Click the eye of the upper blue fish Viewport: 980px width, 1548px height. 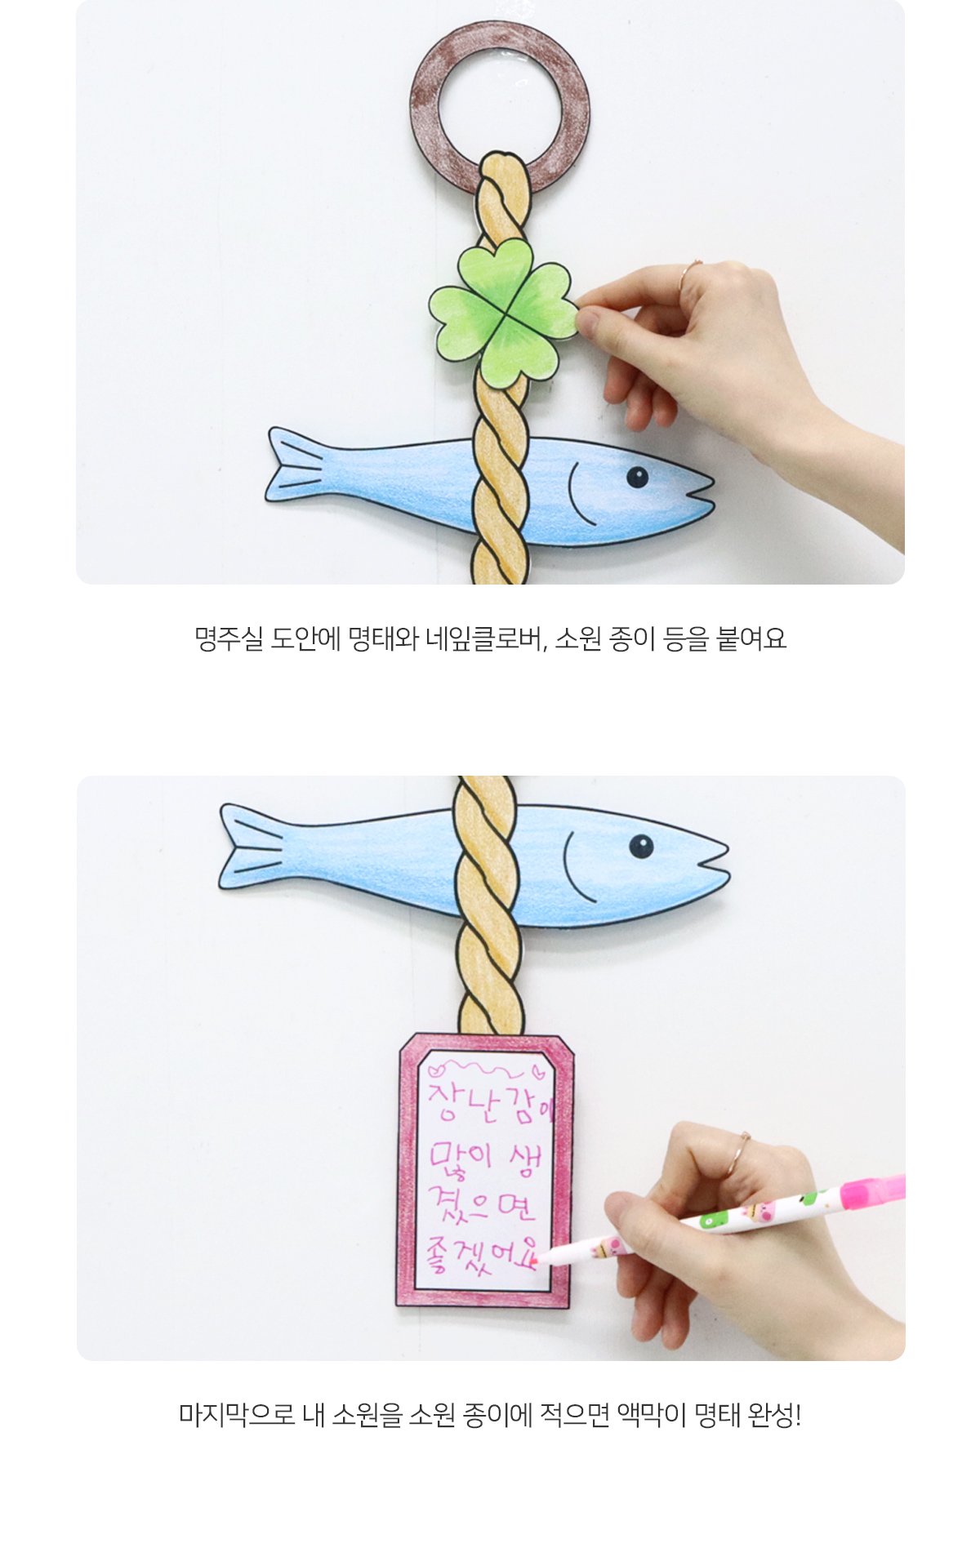click(638, 477)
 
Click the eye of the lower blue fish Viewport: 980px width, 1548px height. click(641, 847)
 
